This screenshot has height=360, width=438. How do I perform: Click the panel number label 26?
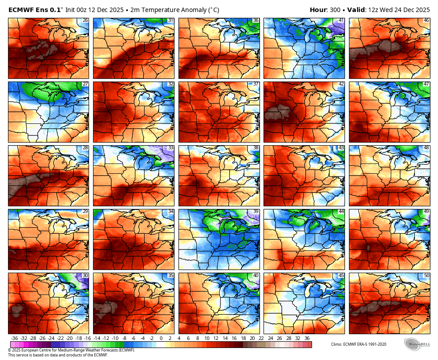tap(85, 20)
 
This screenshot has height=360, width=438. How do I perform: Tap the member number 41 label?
tap(341, 20)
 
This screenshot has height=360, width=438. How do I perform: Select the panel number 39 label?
tap(255, 212)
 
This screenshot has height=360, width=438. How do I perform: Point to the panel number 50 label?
tap(426, 275)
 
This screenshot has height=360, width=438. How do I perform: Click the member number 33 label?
tap(170, 148)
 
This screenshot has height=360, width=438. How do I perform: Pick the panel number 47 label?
tap(426, 84)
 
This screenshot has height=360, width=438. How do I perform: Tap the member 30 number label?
tap(85, 275)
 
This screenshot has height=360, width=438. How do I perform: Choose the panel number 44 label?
tap(341, 212)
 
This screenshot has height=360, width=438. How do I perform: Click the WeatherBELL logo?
tap(417, 344)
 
